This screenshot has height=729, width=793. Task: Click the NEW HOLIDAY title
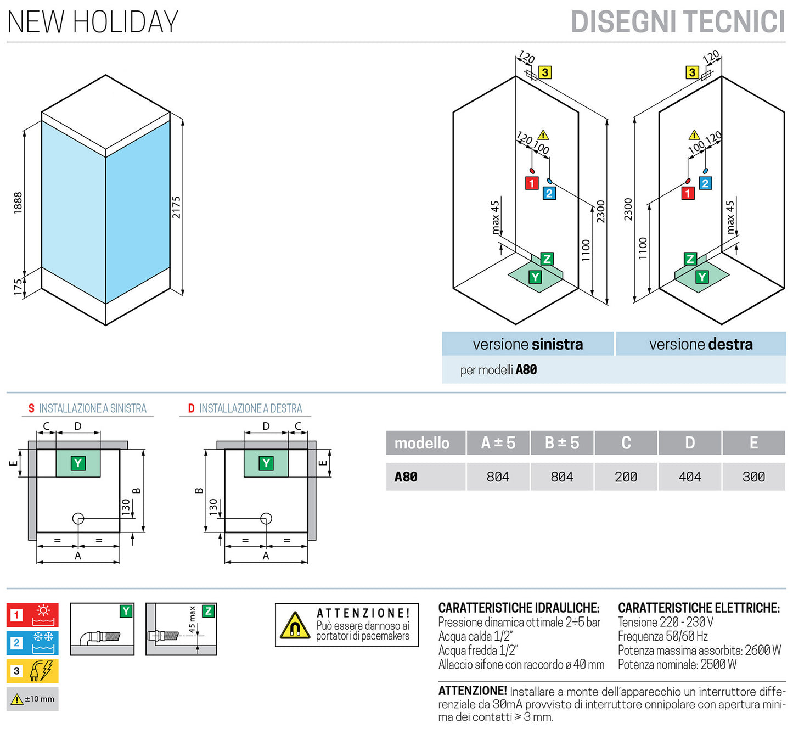[x=92, y=22]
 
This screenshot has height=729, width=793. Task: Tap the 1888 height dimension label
[x=18, y=203]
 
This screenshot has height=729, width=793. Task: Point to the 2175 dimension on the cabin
[x=176, y=207]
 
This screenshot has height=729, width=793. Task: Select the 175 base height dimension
[x=18, y=287]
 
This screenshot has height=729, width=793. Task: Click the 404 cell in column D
[x=690, y=476]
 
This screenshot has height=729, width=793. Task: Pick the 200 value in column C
[x=626, y=476]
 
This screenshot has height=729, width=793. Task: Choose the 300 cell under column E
[x=753, y=476]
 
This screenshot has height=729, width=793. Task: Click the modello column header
[x=422, y=442]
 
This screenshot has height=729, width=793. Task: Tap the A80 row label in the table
[x=406, y=476]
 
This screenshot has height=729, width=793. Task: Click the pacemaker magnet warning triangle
[x=295, y=626]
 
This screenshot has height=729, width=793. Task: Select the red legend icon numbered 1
[x=32, y=615]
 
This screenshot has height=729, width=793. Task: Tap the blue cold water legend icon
[x=32, y=643]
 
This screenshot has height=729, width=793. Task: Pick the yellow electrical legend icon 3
[x=32, y=671]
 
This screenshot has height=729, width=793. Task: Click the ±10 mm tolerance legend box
[x=32, y=699]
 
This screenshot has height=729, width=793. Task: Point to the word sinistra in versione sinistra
[x=557, y=344]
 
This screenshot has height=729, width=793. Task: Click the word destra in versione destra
[x=730, y=344]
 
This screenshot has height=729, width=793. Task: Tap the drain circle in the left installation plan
[x=78, y=518]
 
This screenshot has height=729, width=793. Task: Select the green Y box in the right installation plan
[x=266, y=463]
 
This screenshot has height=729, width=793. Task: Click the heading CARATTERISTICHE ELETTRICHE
[x=699, y=608]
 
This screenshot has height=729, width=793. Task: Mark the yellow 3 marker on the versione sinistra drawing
[x=544, y=72]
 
